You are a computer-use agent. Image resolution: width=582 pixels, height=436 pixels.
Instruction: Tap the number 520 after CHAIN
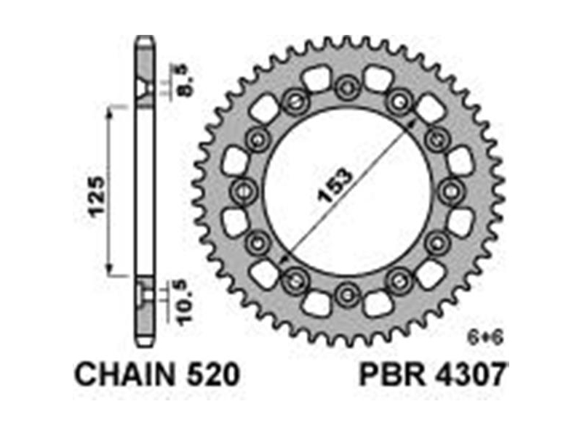point(213,374)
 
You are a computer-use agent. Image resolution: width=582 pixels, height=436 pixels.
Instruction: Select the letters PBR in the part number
point(391,374)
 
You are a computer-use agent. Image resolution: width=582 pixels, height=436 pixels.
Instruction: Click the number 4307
point(469,374)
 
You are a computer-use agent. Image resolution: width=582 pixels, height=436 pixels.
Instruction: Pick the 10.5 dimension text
point(185,303)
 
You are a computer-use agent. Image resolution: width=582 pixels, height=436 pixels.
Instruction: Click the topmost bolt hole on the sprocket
point(348,88)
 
